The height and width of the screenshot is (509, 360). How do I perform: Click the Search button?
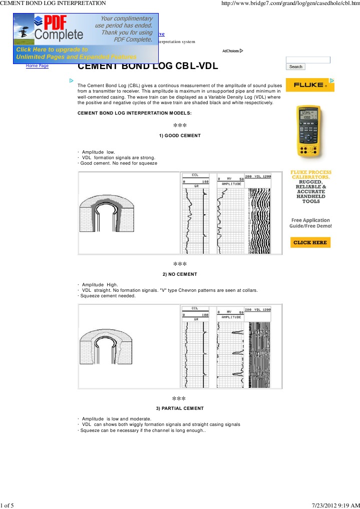point(296,67)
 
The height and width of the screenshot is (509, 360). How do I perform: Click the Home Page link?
point(38,66)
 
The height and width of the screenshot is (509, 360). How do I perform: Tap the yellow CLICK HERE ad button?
point(310,242)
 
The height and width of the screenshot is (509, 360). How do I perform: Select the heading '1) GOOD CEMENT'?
point(180,136)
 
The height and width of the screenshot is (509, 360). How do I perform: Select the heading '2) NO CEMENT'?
point(180,274)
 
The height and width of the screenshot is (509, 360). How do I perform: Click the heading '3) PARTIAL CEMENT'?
point(180,408)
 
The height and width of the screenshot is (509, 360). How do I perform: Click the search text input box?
point(308,60)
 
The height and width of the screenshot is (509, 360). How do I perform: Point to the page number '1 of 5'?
point(7,504)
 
